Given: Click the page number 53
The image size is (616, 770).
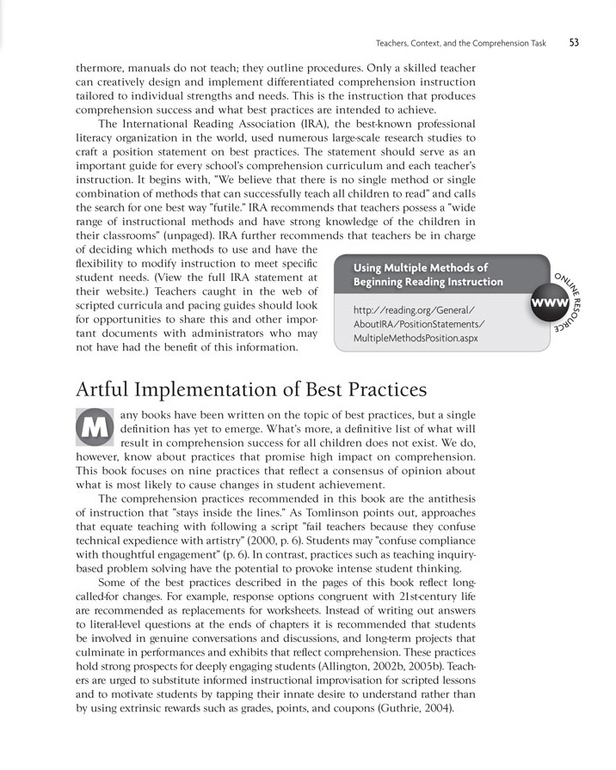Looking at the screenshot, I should (573, 41).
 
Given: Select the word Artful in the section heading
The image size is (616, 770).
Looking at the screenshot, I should (108, 389).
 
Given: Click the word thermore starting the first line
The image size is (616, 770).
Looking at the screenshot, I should (105, 66).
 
